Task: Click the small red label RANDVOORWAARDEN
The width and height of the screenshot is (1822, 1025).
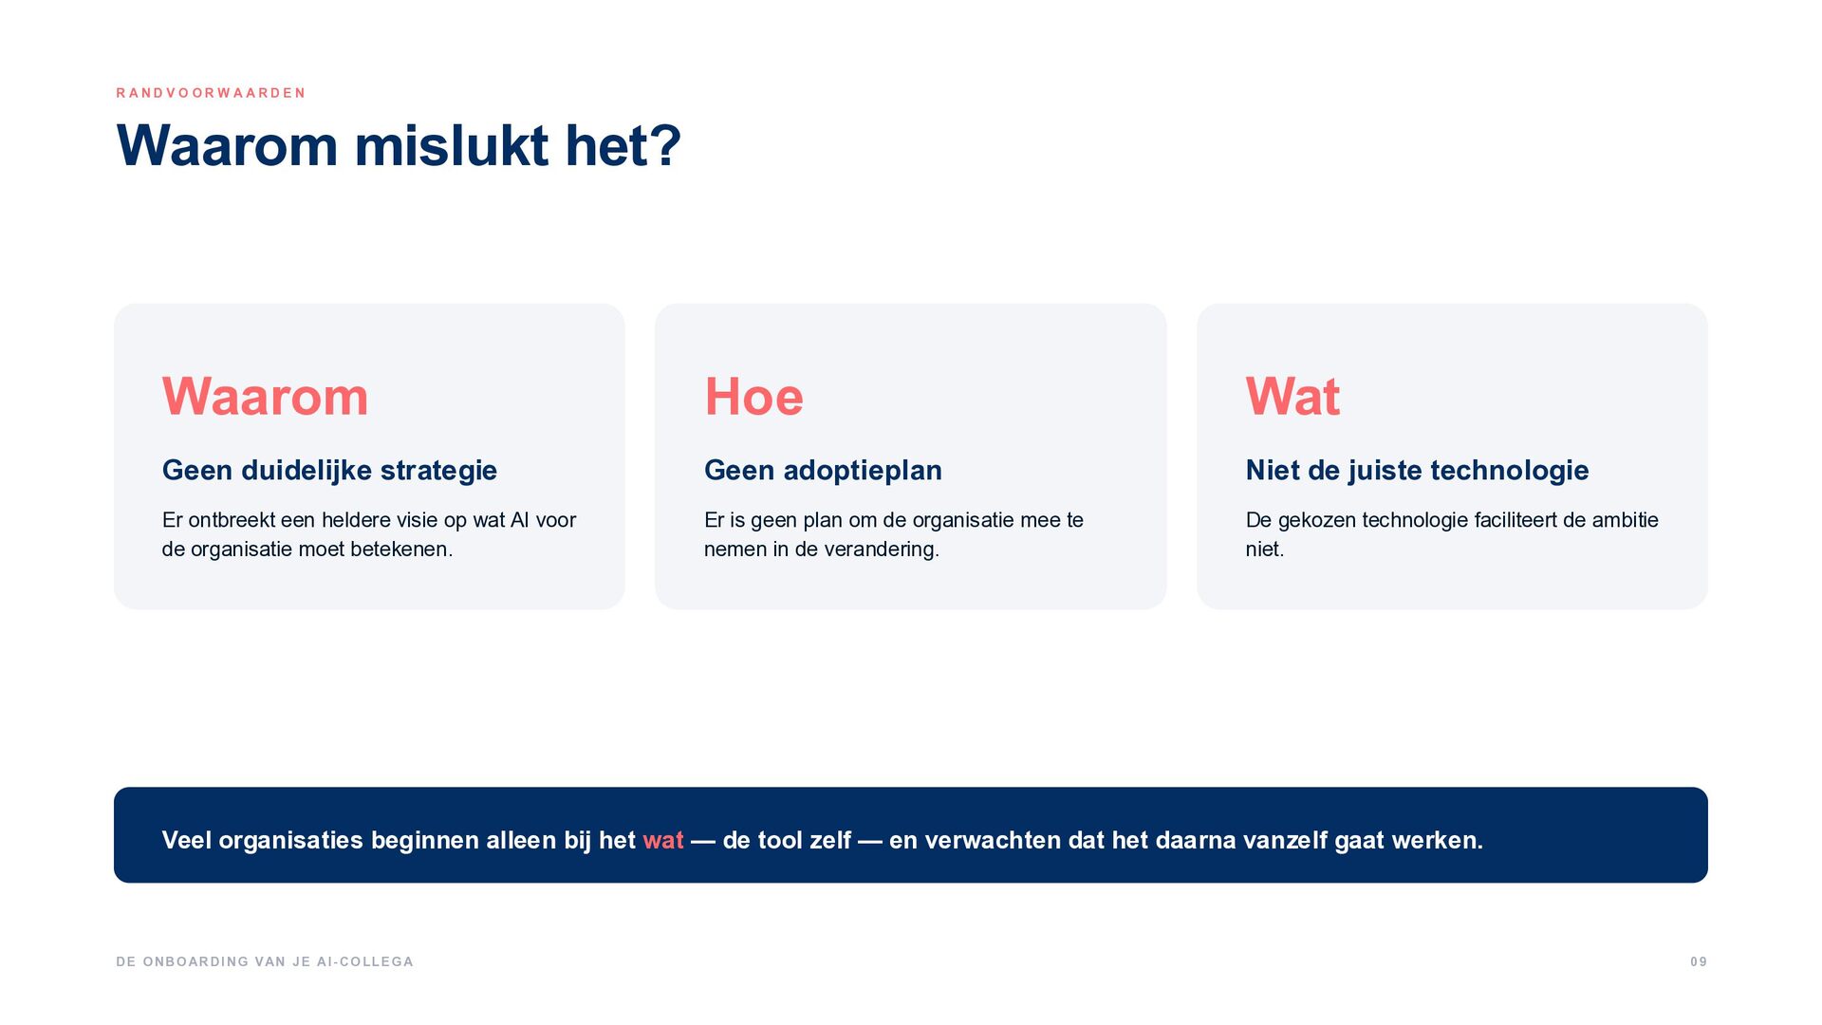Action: coord(211,93)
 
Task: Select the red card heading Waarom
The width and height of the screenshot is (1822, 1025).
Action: coord(265,396)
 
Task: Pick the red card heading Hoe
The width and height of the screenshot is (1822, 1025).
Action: coord(753,396)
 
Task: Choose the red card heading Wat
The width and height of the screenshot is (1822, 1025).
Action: coord(1292,396)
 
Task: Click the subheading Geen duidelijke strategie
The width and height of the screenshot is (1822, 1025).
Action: coord(329,470)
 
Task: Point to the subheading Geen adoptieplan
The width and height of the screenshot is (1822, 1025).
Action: coord(823,470)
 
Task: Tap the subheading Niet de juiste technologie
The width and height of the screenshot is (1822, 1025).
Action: coord(1417,470)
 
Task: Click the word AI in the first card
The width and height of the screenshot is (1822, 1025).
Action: coord(519,520)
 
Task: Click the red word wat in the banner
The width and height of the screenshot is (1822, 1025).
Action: coord(663,841)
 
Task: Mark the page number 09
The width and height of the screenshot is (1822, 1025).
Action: coord(1699,962)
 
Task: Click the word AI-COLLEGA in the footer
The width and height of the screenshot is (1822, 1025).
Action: coord(365,962)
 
